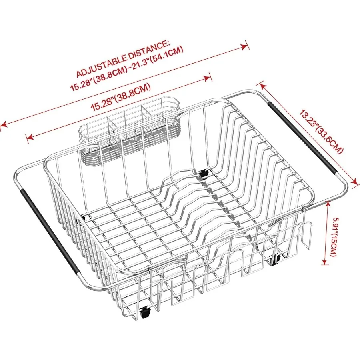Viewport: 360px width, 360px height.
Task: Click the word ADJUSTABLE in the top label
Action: (x=101, y=66)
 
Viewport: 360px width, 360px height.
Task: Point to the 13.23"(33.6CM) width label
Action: (x=322, y=132)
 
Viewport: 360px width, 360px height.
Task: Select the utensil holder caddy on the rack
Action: (x=130, y=130)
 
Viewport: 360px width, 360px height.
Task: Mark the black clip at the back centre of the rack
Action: (x=203, y=173)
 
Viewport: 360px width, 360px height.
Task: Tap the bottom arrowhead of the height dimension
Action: (x=324, y=261)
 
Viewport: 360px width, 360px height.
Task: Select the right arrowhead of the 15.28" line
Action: (x=207, y=78)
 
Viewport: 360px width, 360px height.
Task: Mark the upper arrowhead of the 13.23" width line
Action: (x=262, y=86)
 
